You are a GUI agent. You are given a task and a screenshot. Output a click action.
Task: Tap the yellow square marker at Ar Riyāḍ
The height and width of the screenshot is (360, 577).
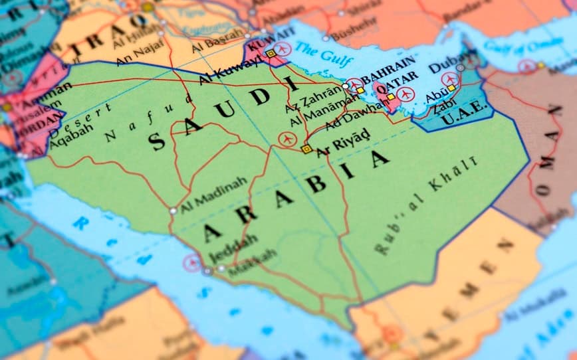pyautogui.click(x=306, y=149)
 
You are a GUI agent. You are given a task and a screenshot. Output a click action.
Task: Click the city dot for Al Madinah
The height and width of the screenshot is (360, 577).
pyautogui.click(x=173, y=211)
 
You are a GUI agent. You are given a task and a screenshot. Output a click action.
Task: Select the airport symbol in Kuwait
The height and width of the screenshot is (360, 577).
pyautogui.click(x=283, y=49)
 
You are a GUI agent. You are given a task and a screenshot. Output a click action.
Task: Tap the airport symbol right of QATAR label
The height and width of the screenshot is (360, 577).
pyautogui.click(x=406, y=94)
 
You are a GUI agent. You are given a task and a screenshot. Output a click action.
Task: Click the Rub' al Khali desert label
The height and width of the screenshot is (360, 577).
pyautogui.click(x=425, y=206)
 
